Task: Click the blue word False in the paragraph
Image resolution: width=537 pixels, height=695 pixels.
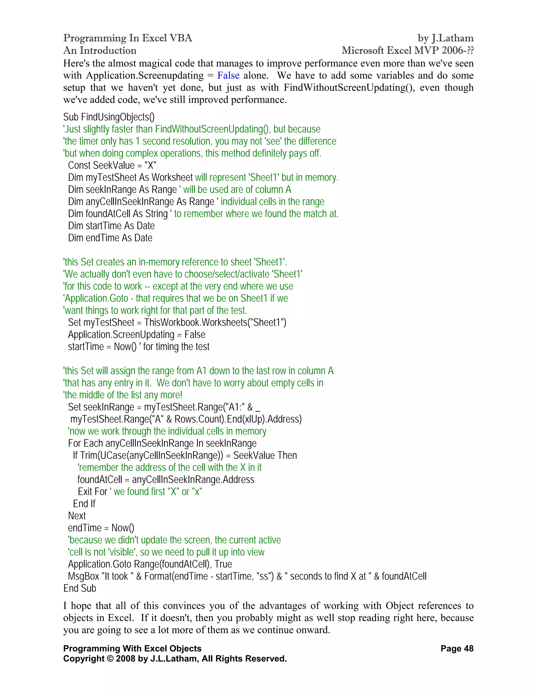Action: [228, 76]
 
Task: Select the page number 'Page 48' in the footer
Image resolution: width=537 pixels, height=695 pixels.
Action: [457, 649]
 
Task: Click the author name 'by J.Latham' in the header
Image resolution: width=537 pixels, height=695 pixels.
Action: [445, 38]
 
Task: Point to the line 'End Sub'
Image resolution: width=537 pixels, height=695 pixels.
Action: [79, 588]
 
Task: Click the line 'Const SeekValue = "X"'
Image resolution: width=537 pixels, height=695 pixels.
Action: [112, 165]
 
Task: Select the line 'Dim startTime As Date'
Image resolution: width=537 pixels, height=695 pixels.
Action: [111, 226]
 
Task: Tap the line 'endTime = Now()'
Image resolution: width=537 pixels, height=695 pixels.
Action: [101, 528]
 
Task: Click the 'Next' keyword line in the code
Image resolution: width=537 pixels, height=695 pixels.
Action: [77, 516]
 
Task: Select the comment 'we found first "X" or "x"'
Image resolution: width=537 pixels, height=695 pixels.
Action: [158, 492]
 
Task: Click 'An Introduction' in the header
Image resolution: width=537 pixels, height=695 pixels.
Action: [100, 50]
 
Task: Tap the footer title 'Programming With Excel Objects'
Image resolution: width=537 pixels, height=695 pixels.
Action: [132, 649]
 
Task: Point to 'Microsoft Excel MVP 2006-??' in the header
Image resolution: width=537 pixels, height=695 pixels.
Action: [407, 50]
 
